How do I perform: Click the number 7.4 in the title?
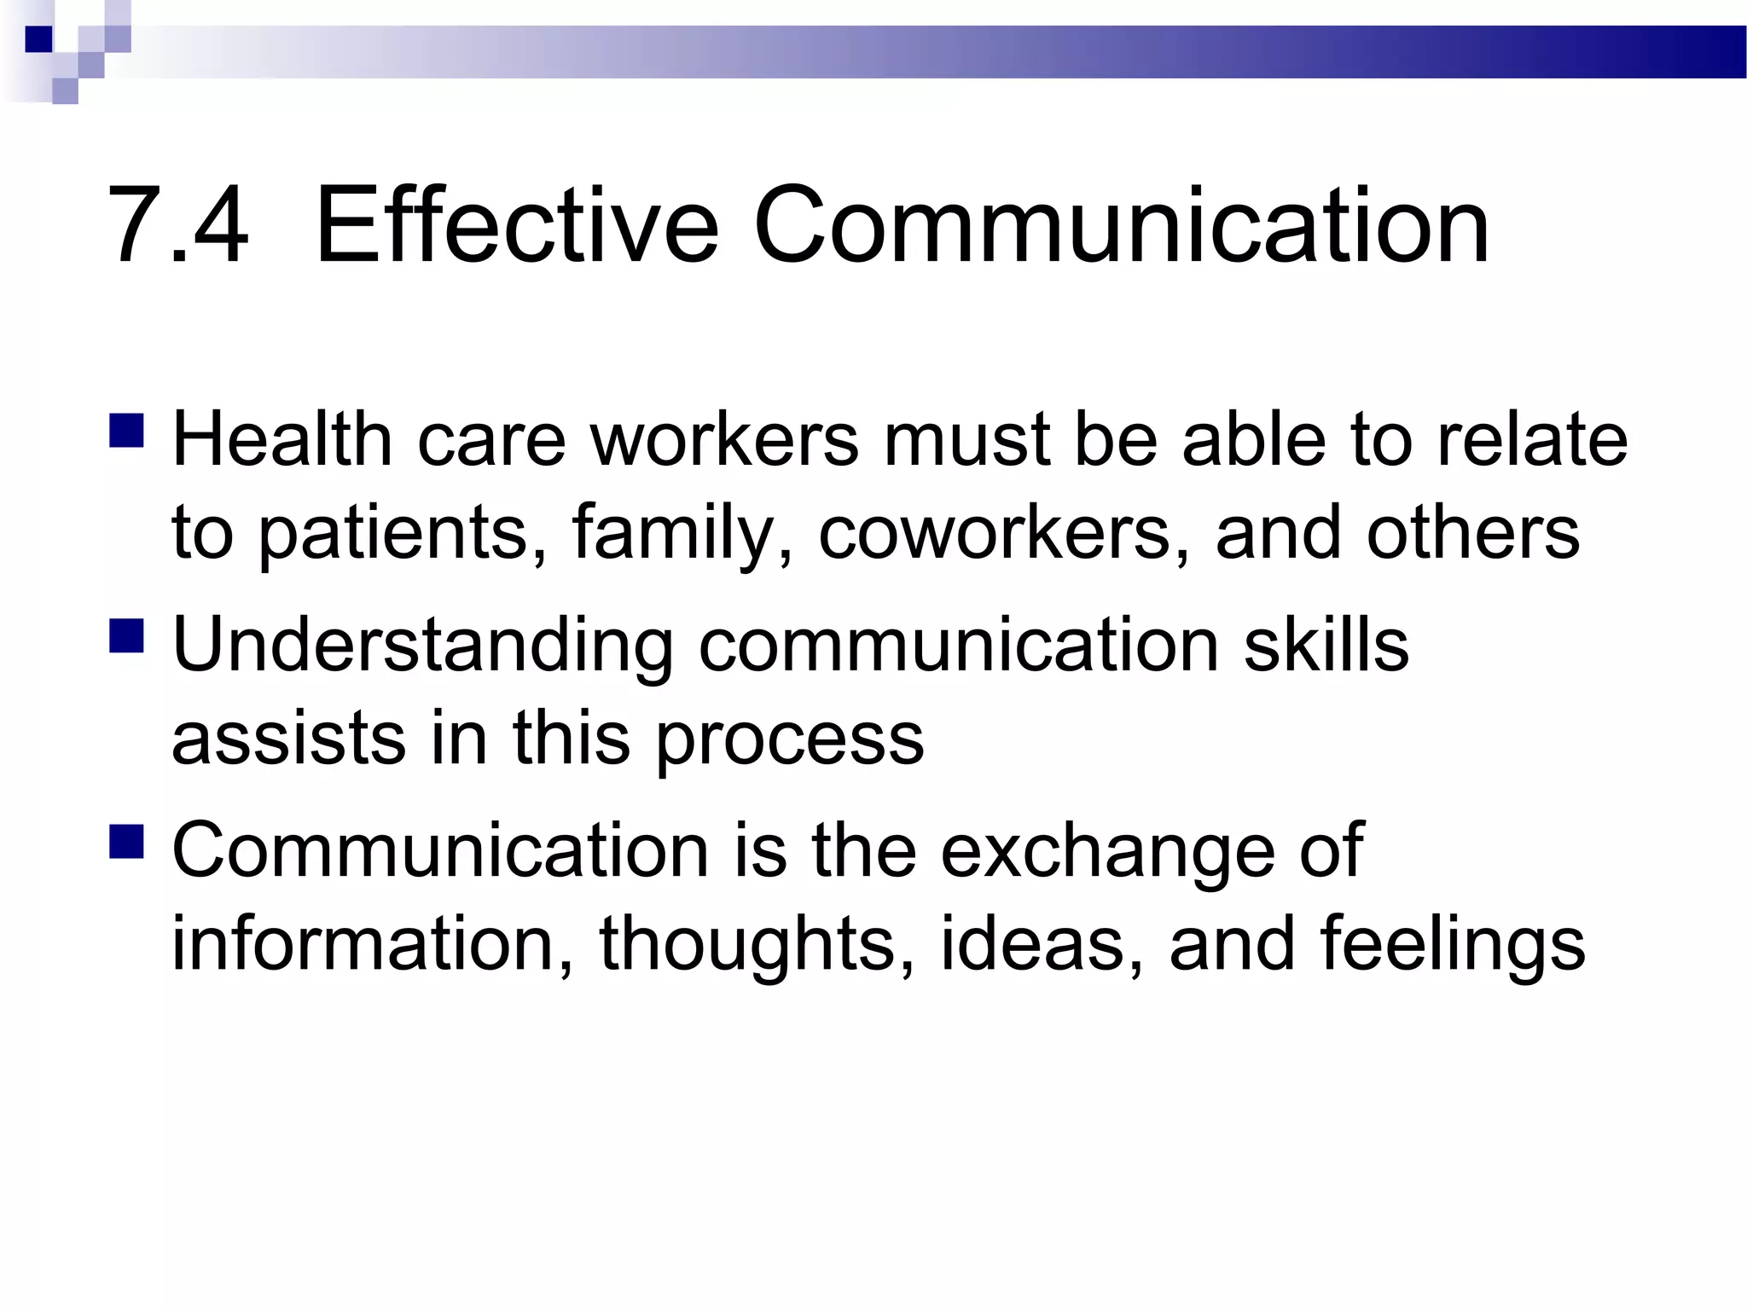click(x=178, y=226)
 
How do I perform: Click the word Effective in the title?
click(x=517, y=226)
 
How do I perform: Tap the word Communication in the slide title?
click(x=1121, y=226)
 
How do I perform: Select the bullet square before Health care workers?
click(x=126, y=431)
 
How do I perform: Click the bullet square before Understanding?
click(x=126, y=635)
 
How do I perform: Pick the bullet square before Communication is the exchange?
click(x=126, y=840)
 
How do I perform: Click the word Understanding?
click(x=422, y=646)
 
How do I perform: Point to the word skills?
click(x=1326, y=646)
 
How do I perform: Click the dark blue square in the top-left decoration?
click(x=39, y=39)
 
